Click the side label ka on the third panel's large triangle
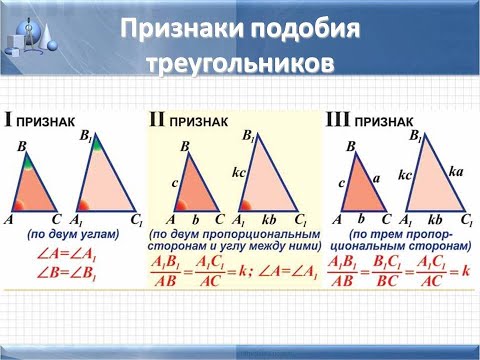456,172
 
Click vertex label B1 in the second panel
249,135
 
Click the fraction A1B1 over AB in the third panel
343,272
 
